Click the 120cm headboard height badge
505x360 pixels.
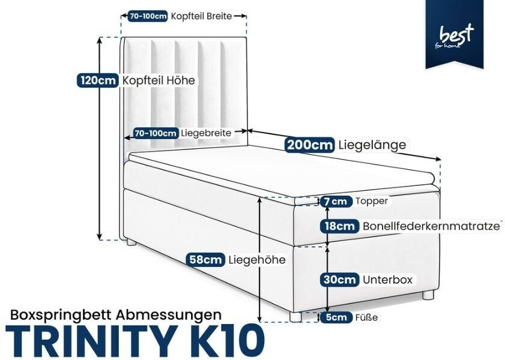pyautogui.click(x=97, y=80)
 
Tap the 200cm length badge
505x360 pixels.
pyautogui.click(x=309, y=145)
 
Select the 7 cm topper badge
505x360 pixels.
pyautogui.click(x=335, y=202)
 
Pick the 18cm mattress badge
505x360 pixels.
pyautogui.click(x=339, y=226)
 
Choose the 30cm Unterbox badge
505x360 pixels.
pyautogui.click(x=339, y=279)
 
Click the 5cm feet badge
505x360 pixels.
pyautogui.click(x=336, y=317)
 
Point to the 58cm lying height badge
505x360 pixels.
pyautogui.click(x=206, y=260)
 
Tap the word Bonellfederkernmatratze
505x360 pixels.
pyautogui.click(x=432, y=226)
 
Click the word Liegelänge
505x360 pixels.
pyautogui.click(x=372, y=145)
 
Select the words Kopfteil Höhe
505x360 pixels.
pyautogui.click(x=159, y=80)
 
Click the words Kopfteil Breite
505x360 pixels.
pyautogui.click(x=201, y=16)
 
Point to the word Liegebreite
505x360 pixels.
pyautogui.click(x=206, y=133)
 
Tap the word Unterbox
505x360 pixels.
pyautogui.click(x=387, y=280)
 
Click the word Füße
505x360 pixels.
pyautogui.click(x=366, y=317)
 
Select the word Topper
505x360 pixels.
pyautogui.click(x=372, y=202)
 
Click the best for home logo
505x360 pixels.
pyautogui.click(x=455, y=34)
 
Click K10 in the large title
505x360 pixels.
pyautogui.click(x=225, y=341)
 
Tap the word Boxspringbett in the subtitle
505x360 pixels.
pyautogui.click(x=61, y=314)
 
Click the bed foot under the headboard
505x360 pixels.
pyautogui.click(x=131, y=242)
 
